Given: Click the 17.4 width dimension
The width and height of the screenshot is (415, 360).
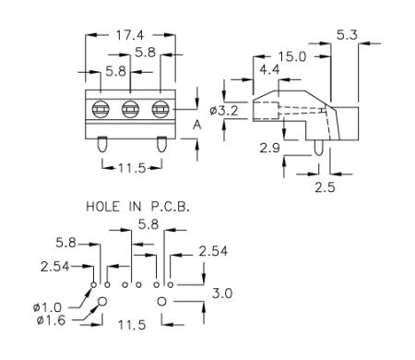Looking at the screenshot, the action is click(x=130, y=35).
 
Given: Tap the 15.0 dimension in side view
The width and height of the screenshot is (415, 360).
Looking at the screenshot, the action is click(x=292, y=56).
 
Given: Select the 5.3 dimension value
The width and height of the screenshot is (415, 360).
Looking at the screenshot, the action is click(x=347, y=35).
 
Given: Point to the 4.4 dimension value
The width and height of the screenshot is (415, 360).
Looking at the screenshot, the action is click(x=269, y=69).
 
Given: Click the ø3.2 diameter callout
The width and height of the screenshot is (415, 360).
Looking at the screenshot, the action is click(x=224, y=111).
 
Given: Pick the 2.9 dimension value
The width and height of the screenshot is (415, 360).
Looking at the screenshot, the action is click(x=269, y=148).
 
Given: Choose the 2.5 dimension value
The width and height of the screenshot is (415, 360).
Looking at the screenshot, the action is click(x=325, y=187).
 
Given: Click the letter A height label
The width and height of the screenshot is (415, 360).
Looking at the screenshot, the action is click(x=197, y=125).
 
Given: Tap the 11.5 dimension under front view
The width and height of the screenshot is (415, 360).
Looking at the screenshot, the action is click(x=132, y=168).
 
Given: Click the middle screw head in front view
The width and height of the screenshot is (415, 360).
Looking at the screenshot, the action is click(x=130, y=109).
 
